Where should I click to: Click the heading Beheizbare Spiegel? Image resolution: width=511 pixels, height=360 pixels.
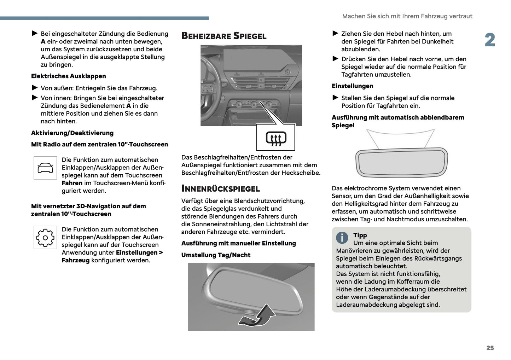223,36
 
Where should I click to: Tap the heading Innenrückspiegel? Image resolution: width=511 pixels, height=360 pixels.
220,188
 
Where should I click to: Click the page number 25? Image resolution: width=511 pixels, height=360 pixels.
490,348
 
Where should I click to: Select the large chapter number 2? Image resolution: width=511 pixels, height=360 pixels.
490,40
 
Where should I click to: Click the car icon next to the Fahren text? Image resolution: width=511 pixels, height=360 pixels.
45,168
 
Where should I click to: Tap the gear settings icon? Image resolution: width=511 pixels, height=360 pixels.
45,238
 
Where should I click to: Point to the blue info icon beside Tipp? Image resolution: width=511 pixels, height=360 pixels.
342,238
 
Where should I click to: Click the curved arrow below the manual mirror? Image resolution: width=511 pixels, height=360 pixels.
257,316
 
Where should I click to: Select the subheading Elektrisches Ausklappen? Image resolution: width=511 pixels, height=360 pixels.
68,76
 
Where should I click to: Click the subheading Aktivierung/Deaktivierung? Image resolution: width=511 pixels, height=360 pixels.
72,133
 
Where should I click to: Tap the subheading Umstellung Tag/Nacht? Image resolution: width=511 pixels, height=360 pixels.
216,255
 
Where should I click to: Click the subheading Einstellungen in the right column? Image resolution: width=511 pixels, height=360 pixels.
352,86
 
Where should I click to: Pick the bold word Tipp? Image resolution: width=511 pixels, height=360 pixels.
360,235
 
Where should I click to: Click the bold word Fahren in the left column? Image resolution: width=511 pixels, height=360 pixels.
72,183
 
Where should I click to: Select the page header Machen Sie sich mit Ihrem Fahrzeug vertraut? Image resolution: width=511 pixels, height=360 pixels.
407,16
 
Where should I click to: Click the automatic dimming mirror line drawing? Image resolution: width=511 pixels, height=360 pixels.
401,162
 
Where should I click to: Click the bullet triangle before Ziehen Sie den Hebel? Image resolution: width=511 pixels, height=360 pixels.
336,34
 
